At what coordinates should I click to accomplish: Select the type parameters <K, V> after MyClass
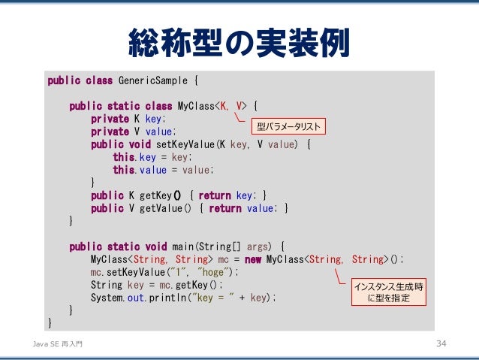231,106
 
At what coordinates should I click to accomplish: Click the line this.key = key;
152,157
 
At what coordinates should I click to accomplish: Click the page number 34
441,343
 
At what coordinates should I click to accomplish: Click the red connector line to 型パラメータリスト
238,116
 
